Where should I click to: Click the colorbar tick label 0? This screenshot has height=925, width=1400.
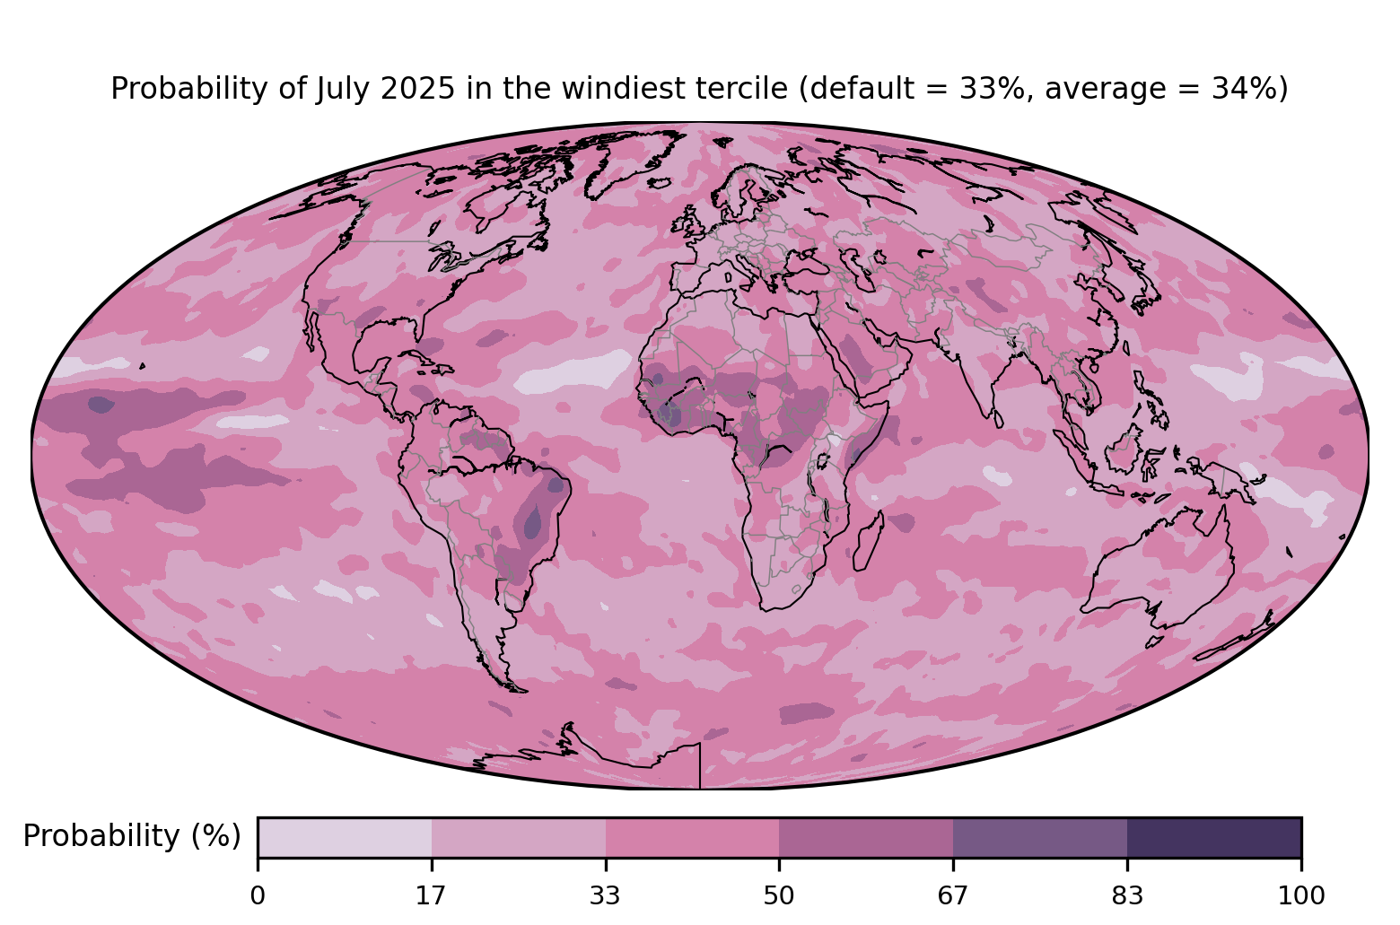[x=258, y=895]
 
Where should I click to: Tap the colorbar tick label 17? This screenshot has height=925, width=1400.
[x=432, y=895]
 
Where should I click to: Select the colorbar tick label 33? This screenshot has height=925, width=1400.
[x=606, y=895]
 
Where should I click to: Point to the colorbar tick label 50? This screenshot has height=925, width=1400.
[x=779, y=895]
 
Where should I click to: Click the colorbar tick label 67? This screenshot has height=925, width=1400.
[x=953, y=895]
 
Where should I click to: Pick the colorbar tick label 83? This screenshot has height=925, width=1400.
[x=1127, y=895]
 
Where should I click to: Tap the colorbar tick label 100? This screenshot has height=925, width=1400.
[x=1300, y=895]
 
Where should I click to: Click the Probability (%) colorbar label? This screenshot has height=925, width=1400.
[x=132, y=836]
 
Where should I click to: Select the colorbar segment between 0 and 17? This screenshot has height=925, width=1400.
[x=345, y=838]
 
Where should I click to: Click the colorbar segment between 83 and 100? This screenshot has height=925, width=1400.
[x=1214, y=838]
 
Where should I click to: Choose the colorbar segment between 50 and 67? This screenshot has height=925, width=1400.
[x=866, y=838]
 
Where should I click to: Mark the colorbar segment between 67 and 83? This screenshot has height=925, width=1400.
[x=1040, y=838]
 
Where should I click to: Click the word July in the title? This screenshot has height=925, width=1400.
[x=337, y=89]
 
